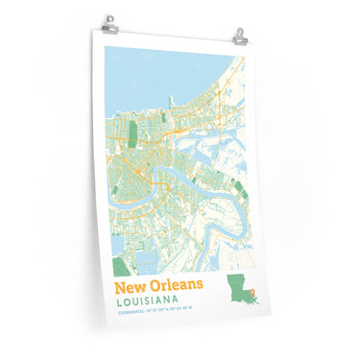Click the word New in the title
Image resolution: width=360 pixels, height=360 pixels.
click(130, 287)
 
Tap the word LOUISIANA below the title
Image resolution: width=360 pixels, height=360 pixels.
click(152, 302)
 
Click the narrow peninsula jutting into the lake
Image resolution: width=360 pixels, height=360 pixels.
click(173, 99)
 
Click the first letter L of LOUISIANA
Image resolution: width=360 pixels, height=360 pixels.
click(117, 301)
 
